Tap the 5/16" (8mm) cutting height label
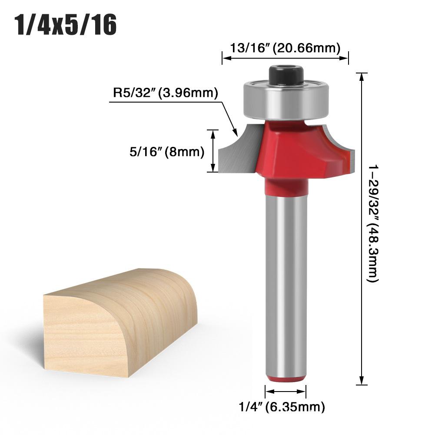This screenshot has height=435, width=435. (166, 152)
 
